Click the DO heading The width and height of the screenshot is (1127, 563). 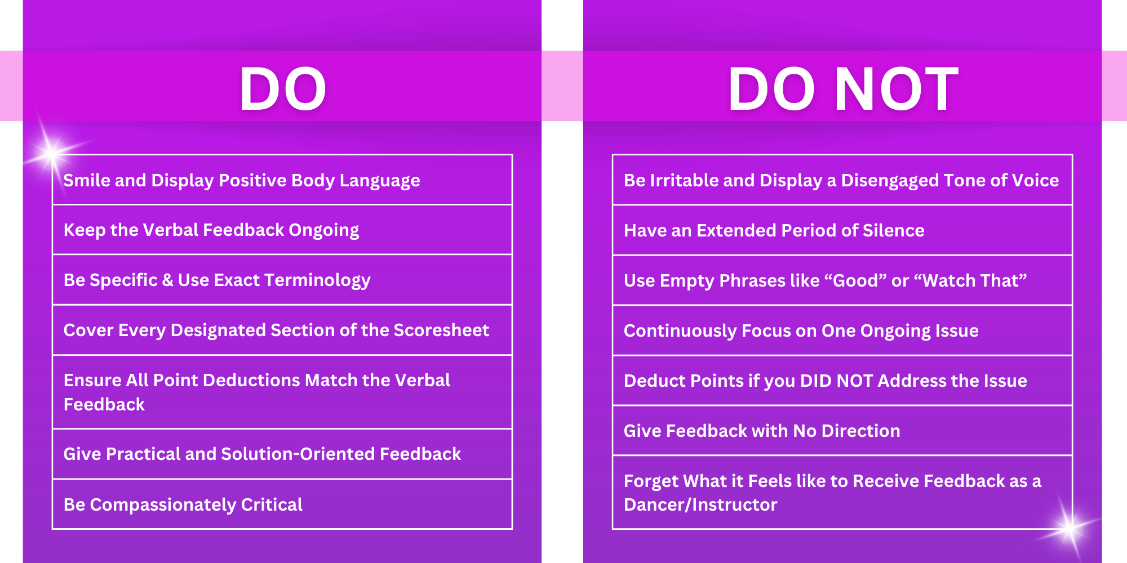coord(283,89)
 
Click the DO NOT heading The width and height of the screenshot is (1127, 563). coord(843,89)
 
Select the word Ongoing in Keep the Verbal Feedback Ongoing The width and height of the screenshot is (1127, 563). coord(324,230)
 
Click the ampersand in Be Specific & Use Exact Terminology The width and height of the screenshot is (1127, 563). coord(167,280)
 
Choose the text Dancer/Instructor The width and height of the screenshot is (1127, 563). coord(700,504)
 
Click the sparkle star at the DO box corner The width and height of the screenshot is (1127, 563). coord(52,152)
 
